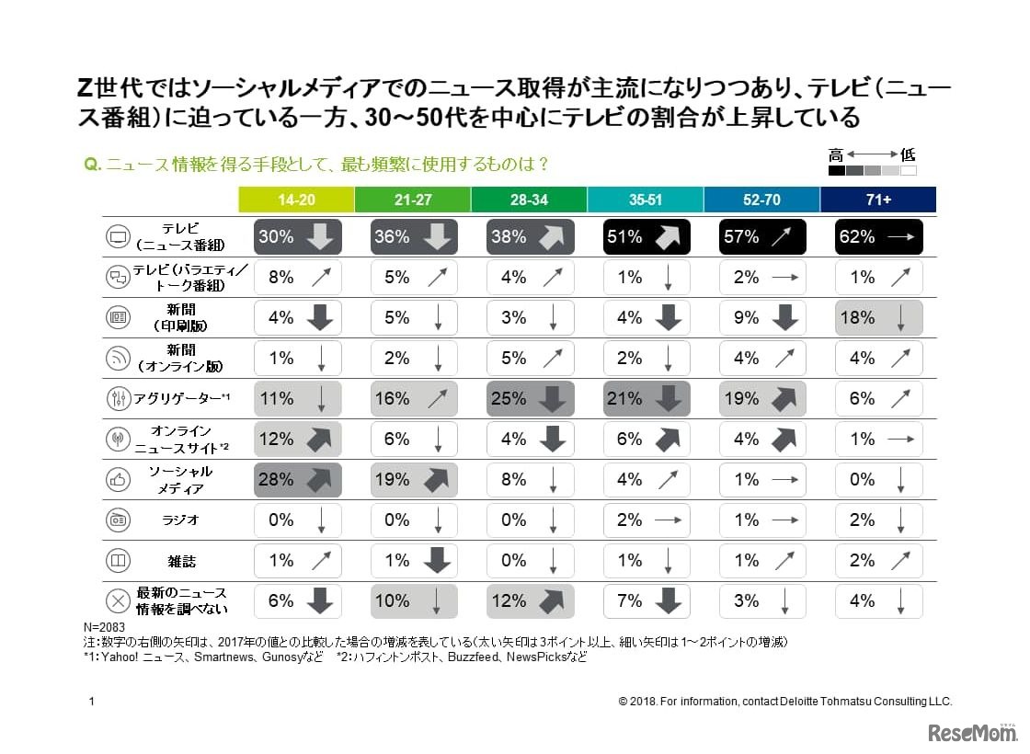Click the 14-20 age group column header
point(296,200)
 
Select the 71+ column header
point(877,200)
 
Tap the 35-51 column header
point(645,200)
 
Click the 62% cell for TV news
point(877,236)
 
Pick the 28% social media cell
point(296,480)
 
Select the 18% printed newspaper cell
point(877,318)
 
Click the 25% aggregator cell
point(529,399)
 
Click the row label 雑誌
point(180,561)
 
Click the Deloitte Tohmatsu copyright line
point(785,701)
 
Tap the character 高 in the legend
point(835,154)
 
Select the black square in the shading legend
point(836,170)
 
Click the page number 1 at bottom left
point(91,701)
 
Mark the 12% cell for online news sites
point(296,440)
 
